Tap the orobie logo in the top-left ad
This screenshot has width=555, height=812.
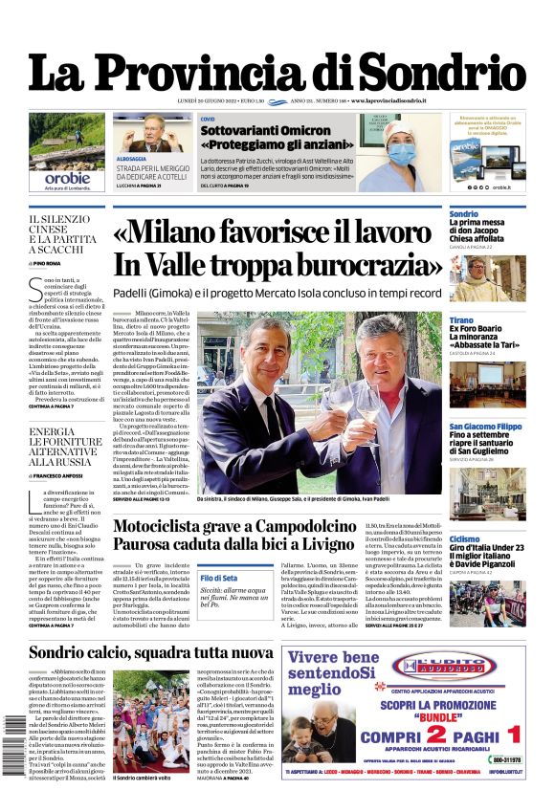67,177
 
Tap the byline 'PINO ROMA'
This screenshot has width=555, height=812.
47,262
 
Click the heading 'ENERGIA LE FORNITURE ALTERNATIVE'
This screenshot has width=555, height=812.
65,444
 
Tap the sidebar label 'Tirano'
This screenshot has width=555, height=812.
461,319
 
